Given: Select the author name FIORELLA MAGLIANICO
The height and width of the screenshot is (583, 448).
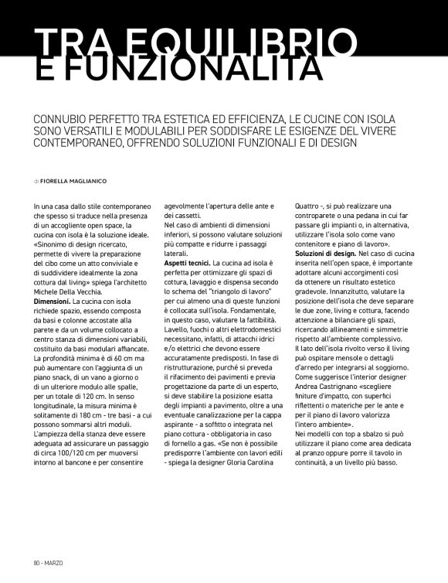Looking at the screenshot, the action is (74, 180).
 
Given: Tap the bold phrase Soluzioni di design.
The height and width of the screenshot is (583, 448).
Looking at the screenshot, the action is (325, 254).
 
